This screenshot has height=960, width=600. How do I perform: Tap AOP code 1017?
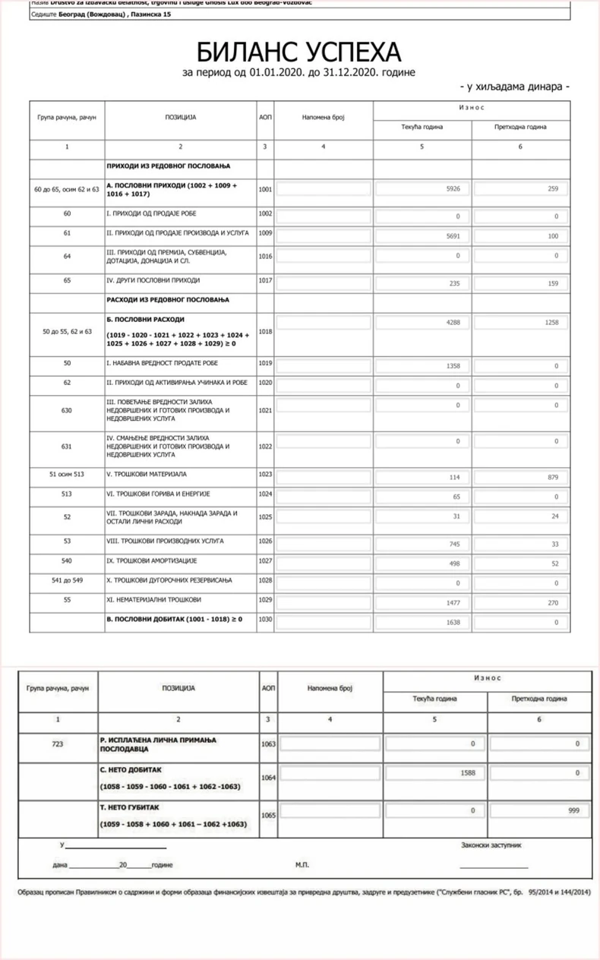coord(265,282)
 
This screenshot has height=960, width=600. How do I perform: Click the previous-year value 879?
coord(552,478)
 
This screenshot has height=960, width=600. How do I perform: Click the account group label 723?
coord(58,744)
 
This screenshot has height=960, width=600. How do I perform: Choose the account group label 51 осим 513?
coord(67,475)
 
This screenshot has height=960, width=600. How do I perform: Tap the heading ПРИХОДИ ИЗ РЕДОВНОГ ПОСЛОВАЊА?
coord(168,166)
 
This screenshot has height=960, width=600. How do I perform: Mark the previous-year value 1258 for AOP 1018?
coord(551,323)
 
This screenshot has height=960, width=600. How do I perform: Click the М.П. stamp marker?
coord(302,864)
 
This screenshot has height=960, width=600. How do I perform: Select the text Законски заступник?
coord(491,845)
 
